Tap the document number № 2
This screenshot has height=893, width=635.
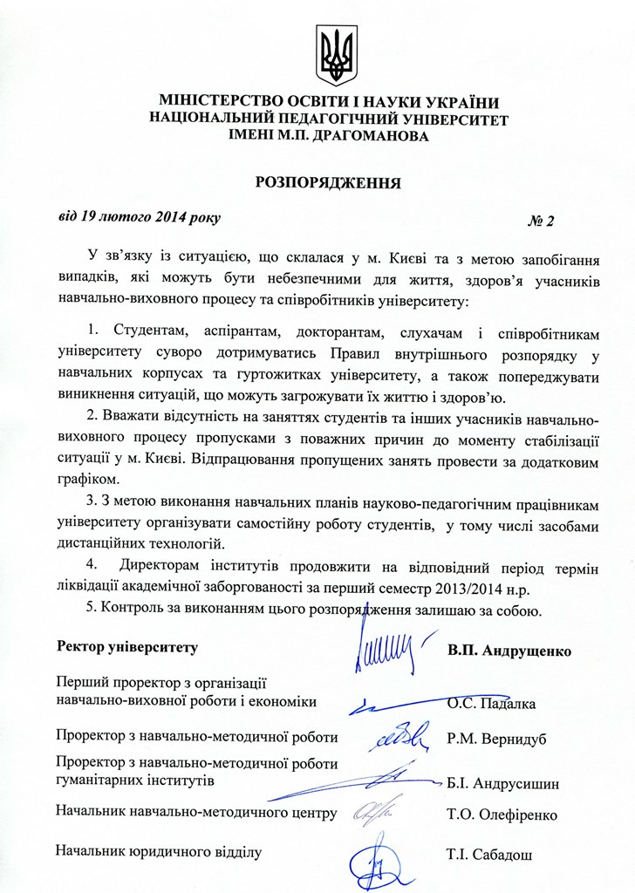coord(541,221)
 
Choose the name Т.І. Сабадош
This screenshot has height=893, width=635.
coord(488,855)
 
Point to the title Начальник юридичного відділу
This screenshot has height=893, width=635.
coord(159,849)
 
